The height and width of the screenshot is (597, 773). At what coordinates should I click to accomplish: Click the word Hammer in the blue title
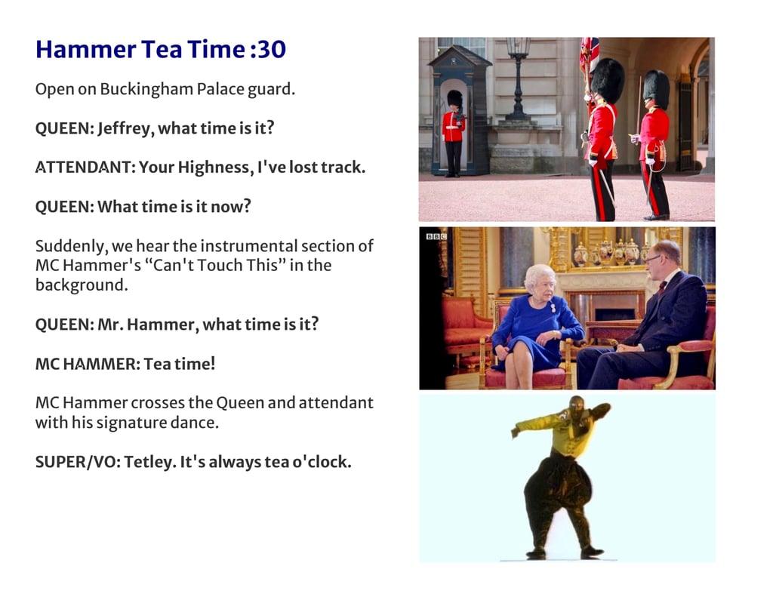[86, 49]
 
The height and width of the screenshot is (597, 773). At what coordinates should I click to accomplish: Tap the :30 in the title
[268, 49]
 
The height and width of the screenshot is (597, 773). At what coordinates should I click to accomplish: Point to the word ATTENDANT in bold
[83, 168]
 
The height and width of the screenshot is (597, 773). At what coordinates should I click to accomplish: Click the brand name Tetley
[150, 463]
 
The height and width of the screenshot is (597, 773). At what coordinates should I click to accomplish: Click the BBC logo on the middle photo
[436, 237]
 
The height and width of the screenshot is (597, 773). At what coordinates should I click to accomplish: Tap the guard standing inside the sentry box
[454, 132]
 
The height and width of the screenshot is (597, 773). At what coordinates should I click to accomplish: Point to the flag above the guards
[589, 54]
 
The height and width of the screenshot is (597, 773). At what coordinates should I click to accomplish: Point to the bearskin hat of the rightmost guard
[656, 89]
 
